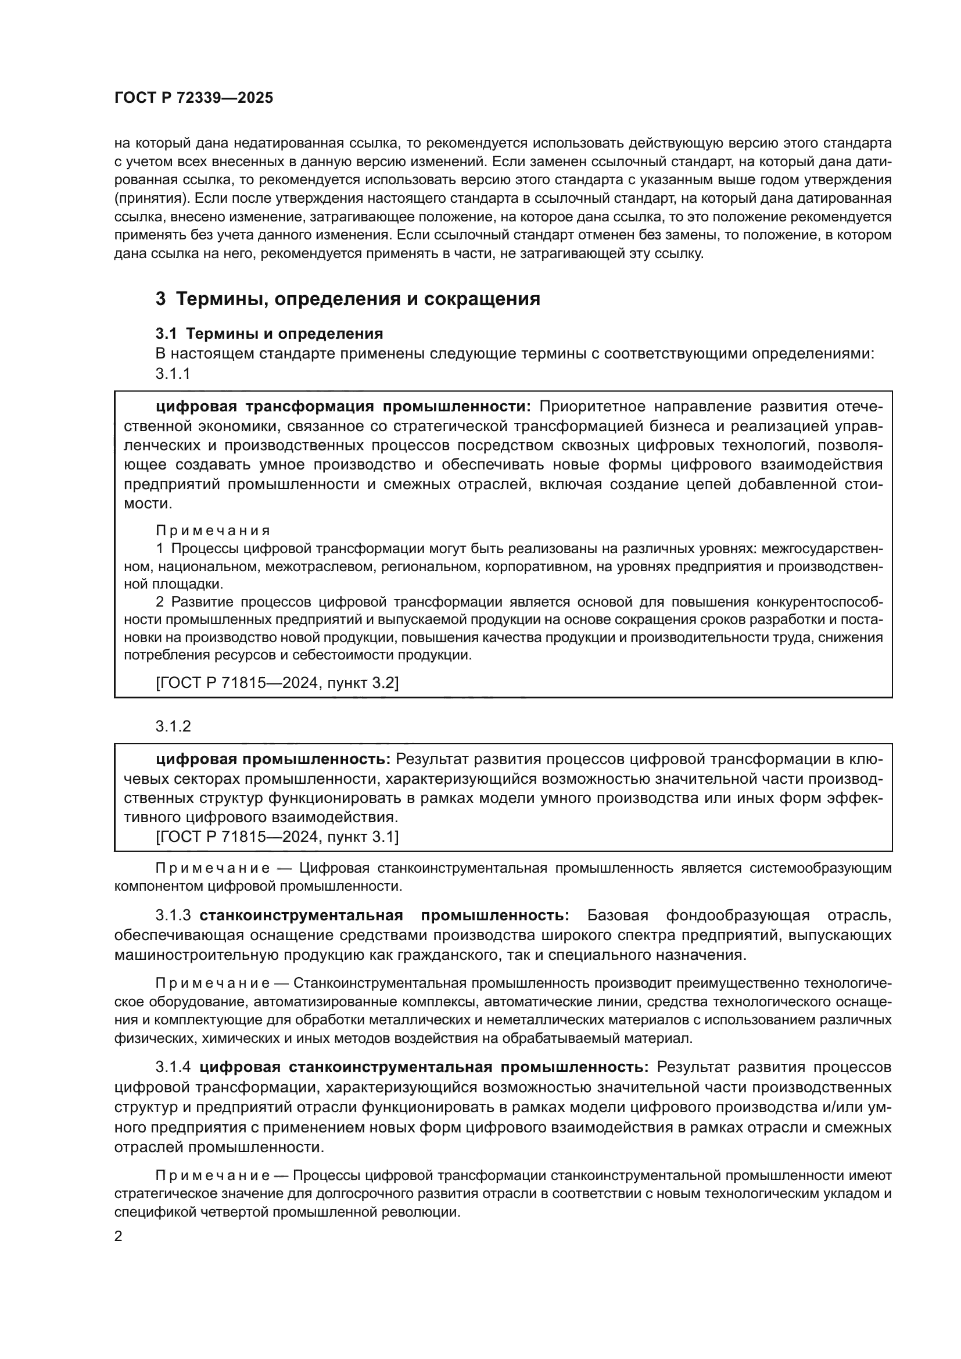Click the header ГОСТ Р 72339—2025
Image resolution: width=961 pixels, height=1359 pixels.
193,98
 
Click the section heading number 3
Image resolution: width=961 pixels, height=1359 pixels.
160,299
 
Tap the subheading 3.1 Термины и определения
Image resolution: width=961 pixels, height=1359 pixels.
269,334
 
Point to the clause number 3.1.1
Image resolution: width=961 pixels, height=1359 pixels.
173,374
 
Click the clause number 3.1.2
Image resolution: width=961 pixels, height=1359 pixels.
173,726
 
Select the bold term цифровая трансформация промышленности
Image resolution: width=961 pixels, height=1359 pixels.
344,407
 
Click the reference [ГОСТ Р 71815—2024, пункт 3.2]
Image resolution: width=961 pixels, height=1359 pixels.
277,683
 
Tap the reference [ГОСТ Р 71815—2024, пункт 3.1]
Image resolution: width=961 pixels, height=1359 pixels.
277,837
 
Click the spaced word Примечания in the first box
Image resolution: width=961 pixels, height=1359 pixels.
213,530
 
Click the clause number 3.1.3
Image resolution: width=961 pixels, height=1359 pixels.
173,916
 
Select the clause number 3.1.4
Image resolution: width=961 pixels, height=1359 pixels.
173,1067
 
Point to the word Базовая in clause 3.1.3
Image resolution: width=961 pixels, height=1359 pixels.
618,916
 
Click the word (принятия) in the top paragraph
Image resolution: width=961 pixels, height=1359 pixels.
149,198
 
